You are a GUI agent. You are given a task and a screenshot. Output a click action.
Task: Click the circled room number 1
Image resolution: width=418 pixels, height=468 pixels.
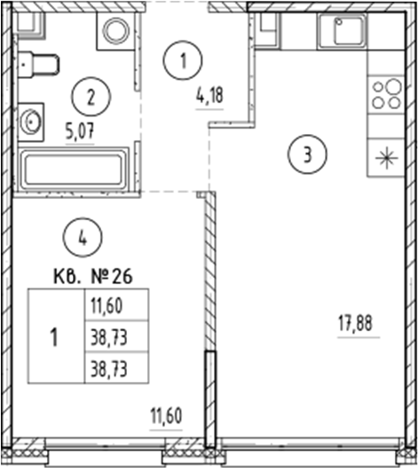[x=183, y=61]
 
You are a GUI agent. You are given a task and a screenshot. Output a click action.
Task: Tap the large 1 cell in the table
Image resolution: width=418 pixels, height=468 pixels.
[x=55, y=337]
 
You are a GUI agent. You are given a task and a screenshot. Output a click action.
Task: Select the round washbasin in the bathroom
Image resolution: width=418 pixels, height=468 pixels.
[x=33, y=119]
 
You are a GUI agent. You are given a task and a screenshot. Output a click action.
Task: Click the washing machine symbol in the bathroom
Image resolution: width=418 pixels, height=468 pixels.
[x=116, y=32]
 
